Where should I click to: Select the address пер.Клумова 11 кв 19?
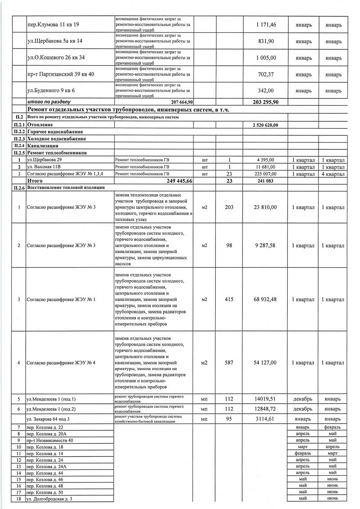pos(53,24)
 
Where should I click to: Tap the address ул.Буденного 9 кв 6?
pos(51,91)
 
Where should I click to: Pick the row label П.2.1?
pos(19,124)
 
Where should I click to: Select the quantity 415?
pos(229,299)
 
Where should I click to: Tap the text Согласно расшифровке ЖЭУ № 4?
pos(61,362)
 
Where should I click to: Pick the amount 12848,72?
pos(267,409)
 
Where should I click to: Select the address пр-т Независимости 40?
pos(49,441)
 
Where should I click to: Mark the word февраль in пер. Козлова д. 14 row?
pos(303,454)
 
